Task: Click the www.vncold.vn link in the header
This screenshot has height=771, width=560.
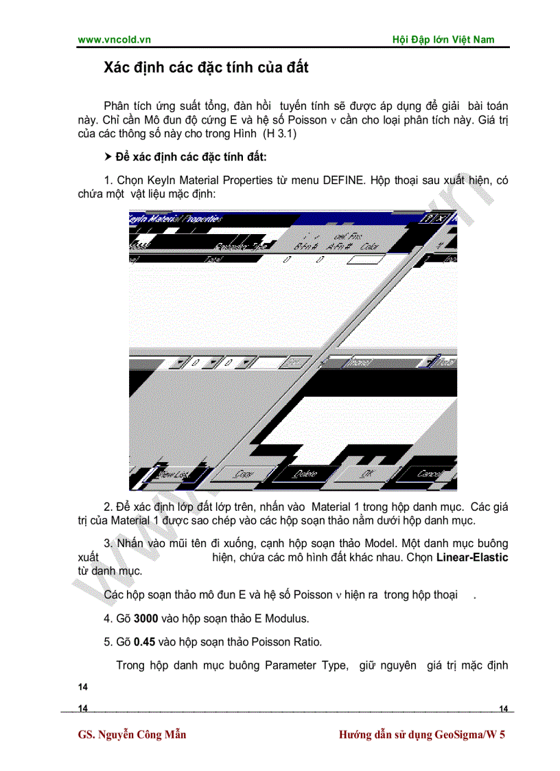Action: [x=114, y=40]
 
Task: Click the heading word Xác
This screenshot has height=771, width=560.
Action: [x=118, y=68]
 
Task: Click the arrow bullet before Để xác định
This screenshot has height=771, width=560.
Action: [x=108, y=158]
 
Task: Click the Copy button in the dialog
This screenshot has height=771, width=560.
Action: [x=244, y=474]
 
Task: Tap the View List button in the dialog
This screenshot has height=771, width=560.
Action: [x=173, y=474]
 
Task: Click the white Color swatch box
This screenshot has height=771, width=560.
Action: [x=366, y=260]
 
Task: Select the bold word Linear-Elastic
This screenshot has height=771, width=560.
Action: [x=472, y=557]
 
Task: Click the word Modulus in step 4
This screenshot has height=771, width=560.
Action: [x=285, y=619]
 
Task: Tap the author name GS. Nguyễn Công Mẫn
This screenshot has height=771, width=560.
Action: [x=132, y=735]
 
